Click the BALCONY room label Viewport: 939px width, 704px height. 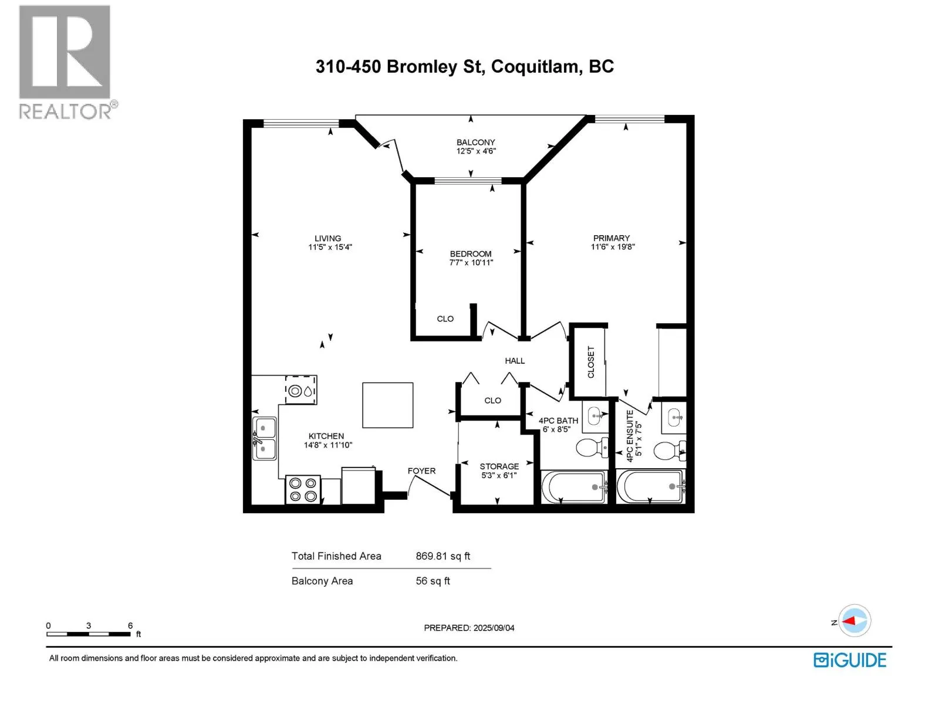tap(475, 142)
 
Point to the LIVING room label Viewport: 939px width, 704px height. tap(327, 238)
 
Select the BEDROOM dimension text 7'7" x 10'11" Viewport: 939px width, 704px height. tap(471, 262)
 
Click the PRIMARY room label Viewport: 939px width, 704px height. tap(611, 238)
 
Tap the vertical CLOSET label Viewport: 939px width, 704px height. tap(591, 361)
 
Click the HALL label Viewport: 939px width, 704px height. tap(514, 361)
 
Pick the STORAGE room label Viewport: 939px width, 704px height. tap(499, 466)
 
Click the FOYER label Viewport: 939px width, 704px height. tap(421, 471)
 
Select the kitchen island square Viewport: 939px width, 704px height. tap(387, 405)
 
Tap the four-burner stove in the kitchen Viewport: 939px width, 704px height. tap(302, 489)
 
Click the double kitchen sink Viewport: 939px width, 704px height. tap(264, 439)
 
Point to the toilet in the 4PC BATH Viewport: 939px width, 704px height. tap(592, 448)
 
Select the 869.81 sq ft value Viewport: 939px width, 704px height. tap(443, 556)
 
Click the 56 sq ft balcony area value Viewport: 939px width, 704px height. tap(433, 580)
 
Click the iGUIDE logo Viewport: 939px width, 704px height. tap(849, 660)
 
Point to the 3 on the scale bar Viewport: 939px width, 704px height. tap(89, 625)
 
